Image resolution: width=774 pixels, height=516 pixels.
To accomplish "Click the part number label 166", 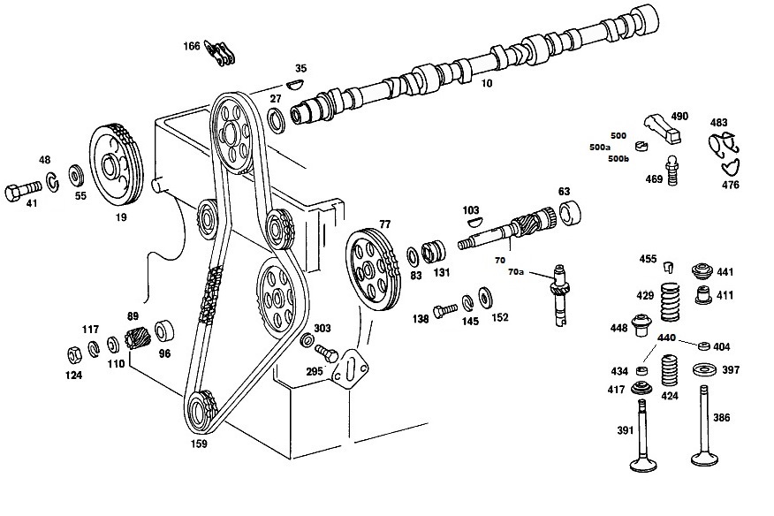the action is pyautogui.click(x=192, y=46).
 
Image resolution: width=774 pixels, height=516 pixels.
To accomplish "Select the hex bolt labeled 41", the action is pyautogui.click(x=23, y=190).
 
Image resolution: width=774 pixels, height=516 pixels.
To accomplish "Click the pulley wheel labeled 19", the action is pyautogui.click(x=117, y=166).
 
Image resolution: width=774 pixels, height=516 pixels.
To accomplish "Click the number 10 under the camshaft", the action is pyautogui.click(x=487, y=83).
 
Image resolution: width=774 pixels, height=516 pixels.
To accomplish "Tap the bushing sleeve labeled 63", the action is pyautogui.click(x=569, y=213).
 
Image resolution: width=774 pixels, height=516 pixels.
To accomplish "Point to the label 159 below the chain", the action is pyautogui.click(x=199, y=444).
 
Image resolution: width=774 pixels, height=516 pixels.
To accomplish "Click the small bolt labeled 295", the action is pyautogui.click(x=326, y=353).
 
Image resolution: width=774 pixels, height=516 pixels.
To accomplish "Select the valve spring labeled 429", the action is pyautogui.click(x=671, y=302).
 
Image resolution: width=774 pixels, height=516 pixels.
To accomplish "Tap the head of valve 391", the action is pyautogui.click(x=644, y=464).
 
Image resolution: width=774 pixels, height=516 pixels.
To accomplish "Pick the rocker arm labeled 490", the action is pyautogui.click(x=663, y=128).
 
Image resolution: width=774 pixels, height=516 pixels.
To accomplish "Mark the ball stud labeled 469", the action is pyautogui.click(x=671, y=171).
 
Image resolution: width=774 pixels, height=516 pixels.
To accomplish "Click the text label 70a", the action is pyautogui.click(x=516, y=272).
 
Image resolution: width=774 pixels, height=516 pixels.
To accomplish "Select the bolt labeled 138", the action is pyautogui.click(x=445, y=311).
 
